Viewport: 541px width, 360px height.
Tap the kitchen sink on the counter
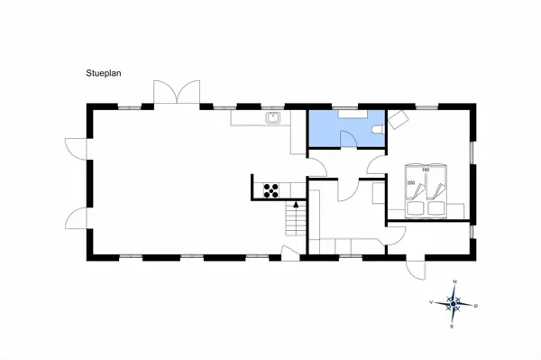click(x=272, y=117)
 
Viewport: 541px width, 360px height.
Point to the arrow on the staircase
click(x=295, y=209)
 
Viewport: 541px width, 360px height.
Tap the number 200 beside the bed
click(x=411, y=183)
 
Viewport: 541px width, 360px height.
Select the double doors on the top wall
click(x=175, y=93)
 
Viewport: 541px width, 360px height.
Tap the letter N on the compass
click(x=455, y=282)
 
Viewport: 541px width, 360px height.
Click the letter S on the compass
click(x=452, y=328)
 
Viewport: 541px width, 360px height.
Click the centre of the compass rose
click(x=454, y=305)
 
